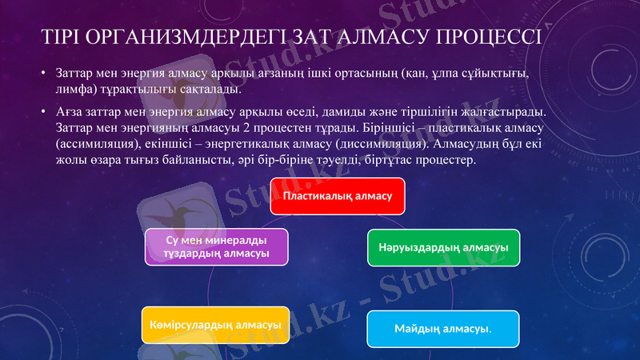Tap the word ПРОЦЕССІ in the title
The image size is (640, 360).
click(x=490, y=38)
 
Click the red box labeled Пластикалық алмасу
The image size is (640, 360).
click(x=337, y=197)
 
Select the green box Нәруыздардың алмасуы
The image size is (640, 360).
click(x=443, y=247)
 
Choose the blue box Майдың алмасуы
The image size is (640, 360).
click(x=442, y=329)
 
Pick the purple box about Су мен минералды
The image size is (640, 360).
click(x=215, y=247)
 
